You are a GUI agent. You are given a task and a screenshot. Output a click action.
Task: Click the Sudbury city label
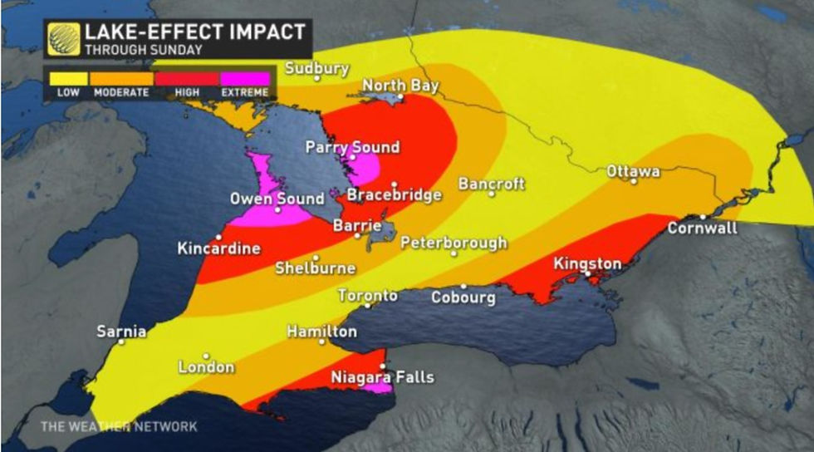[317, 68]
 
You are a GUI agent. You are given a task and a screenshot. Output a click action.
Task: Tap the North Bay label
[400, 86]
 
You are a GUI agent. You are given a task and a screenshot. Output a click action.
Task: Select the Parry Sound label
[352, 147]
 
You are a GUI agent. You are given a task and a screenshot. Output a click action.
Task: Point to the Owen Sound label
[277, 199]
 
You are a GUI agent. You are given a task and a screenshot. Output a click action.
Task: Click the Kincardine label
[218, 248]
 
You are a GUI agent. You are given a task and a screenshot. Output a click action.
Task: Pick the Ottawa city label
[634, 171]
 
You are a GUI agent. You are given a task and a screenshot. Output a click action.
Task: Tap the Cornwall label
[702, 228]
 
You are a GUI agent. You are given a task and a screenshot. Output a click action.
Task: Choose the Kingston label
[587, 263]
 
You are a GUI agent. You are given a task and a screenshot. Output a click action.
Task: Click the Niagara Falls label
[382, 377]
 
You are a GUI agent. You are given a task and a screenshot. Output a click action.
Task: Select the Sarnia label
[121, 332]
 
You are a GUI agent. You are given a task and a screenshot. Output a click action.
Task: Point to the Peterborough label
[454, 243]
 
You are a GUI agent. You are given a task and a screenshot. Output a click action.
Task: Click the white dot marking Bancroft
[492, 194]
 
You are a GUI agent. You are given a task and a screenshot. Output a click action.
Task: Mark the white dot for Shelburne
[316, 258]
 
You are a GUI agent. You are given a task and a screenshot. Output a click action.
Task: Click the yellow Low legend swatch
[68, 79]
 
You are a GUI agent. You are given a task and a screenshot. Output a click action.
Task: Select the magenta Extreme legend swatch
[245, 79]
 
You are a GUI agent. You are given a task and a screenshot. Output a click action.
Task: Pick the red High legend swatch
[187, 79]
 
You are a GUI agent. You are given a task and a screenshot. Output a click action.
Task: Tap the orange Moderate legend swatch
[121, 79]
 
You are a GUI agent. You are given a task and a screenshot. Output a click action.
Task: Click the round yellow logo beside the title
[63, 39]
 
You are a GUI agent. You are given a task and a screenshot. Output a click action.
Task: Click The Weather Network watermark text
[119, 426]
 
